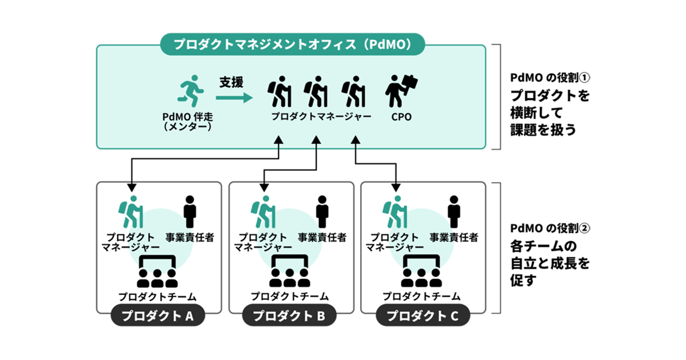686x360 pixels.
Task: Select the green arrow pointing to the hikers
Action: (234, 98)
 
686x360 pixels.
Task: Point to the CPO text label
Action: (400, 117)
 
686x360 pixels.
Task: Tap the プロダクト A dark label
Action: (158, 315)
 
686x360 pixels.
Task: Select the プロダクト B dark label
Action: (290, 315)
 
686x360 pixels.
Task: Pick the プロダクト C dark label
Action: (422, 315)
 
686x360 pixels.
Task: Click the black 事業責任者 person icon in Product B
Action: (322, 212)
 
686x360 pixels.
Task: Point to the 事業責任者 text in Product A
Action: (190, 237)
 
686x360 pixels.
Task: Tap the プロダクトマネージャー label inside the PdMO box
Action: (321, 117)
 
